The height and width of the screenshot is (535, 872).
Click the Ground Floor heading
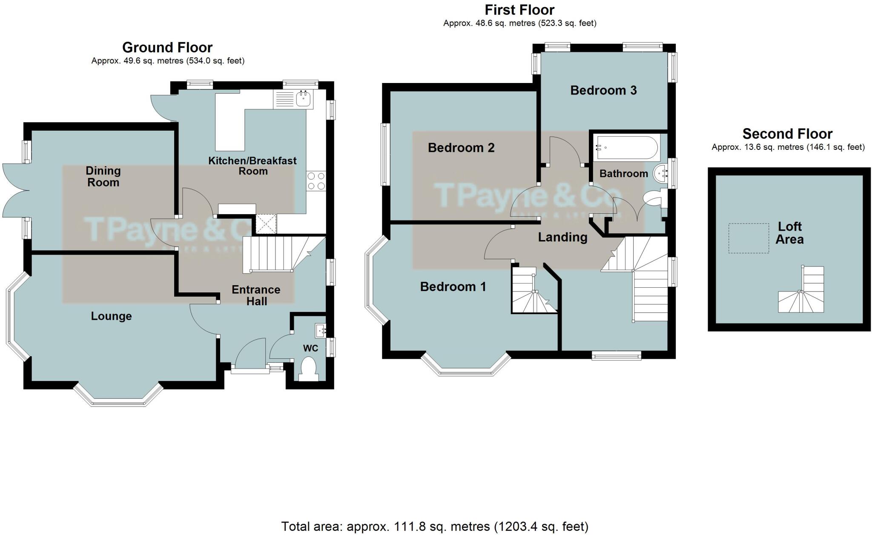tap(167, 47)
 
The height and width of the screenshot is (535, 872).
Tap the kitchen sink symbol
tap(304, 99)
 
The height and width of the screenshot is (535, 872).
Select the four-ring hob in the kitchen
tap(316, 181)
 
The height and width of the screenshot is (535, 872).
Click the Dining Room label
tap(103, 177)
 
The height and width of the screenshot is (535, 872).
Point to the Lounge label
tap(111, 316)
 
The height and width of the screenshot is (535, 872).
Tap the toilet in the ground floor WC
tap(308, 368)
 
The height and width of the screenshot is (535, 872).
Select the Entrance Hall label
tap(256, 295)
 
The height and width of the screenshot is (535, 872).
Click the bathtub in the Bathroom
tap(626, 148)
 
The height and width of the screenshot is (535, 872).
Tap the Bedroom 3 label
tap(603, 90)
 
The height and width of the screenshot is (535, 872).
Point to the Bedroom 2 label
tap(461, 148)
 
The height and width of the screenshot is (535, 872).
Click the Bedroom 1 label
tap(453, 287)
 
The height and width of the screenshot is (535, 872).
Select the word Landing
tap(562, 237)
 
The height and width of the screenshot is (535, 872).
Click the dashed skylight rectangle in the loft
tap(749, 238)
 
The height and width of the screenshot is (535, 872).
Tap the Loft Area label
tap(789, 233)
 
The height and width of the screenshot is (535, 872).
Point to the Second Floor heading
tap(787, 134)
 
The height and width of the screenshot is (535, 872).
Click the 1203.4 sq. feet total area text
tap(541, 526)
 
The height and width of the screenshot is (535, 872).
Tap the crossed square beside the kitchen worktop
tap(266, 224)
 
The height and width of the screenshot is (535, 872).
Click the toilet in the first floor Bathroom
tap(654, 199)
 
